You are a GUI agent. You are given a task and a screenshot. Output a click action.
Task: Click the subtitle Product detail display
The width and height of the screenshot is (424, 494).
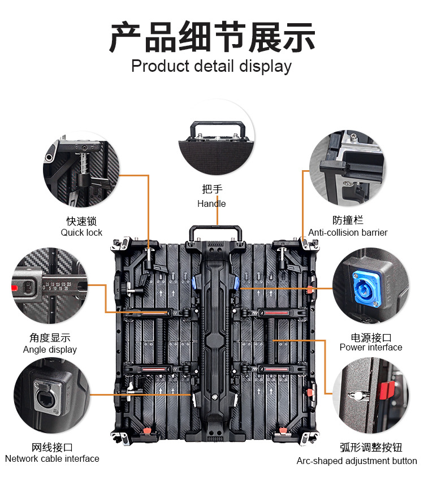[211, 66]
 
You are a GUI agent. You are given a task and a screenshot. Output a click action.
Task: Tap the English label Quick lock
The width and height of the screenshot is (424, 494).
[81, 232]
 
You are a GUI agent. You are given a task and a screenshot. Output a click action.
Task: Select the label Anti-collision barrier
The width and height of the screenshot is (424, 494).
[348, 232]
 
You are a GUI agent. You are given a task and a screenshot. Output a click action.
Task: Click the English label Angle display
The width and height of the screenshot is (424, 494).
[50, 349]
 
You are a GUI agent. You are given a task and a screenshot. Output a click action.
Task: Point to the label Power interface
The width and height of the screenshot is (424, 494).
[371, 347]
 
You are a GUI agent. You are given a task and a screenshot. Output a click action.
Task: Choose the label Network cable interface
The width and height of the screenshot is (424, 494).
[52, 458]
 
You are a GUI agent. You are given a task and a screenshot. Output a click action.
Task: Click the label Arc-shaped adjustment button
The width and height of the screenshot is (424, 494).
[357, 461]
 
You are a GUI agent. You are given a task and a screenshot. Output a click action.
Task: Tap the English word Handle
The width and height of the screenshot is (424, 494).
[211, 203]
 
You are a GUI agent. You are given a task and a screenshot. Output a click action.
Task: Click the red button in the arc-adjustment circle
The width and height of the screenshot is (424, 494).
[387, 388]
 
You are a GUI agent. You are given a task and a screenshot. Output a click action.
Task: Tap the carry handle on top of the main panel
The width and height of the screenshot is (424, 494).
[215, 232]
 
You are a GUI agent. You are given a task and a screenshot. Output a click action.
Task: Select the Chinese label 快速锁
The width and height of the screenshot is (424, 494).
[81, 221]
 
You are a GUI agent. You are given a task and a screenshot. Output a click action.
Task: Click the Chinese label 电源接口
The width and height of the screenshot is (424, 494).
[371, 337]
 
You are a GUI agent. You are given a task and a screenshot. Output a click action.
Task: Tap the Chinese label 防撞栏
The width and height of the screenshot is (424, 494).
[348, 220]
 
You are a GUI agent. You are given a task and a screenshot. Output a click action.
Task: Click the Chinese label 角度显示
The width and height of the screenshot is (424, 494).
[50, 338]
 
